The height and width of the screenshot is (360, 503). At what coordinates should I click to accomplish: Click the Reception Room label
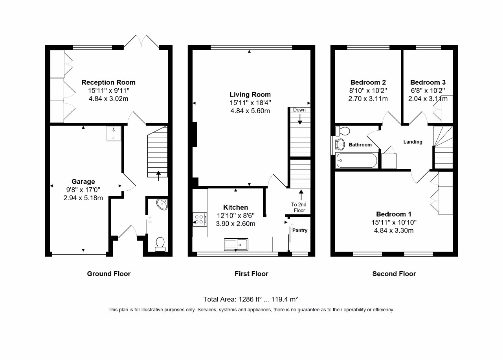[108, 82]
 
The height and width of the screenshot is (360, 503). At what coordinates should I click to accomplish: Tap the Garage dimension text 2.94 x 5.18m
[83, 198]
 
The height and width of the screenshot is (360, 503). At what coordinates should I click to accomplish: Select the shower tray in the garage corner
[114, 134]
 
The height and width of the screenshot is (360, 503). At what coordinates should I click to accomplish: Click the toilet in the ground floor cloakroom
[160, 244]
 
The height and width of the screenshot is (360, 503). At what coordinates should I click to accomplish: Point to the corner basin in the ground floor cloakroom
[162, 204]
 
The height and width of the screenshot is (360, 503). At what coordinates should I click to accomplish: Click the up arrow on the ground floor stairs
[158, 176]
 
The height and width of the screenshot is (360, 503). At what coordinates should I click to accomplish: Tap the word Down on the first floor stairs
[299, 110]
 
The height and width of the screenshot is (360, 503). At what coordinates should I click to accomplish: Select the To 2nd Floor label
[299, 207]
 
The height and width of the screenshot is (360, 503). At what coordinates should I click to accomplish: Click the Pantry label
[300, 230]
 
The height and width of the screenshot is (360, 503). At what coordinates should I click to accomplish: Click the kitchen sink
[236, 245]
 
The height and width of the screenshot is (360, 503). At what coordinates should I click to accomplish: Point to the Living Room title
[250, 95]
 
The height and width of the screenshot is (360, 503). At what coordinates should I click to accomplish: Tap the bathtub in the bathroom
[357, 161]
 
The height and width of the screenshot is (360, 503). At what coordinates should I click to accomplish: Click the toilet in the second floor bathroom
[342, 131]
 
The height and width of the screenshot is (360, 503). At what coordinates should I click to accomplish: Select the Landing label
[413, 142]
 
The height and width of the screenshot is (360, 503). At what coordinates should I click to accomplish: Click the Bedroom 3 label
[428, 82]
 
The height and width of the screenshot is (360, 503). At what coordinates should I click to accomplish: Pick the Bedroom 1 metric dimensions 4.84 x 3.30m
[394, 230]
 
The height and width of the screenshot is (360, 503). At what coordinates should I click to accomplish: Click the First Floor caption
[251, 274]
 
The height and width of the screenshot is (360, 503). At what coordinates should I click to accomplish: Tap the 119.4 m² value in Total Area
[285, 299]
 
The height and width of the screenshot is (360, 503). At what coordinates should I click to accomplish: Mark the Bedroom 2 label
[368, 82]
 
